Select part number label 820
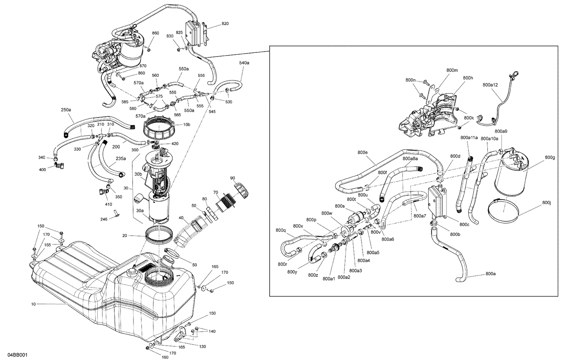pos(225,24)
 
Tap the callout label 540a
pos(244,63)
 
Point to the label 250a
pos(65,110)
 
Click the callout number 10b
pos(186,124)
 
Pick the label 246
pos(104,219)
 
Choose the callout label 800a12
pos(490,85)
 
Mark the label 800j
pos(546,203)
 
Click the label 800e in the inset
pos(362,152)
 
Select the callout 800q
pos(280,230)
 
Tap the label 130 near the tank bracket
pos(202,346)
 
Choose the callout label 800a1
pos(328,279)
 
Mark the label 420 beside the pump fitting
pos(175,144)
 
